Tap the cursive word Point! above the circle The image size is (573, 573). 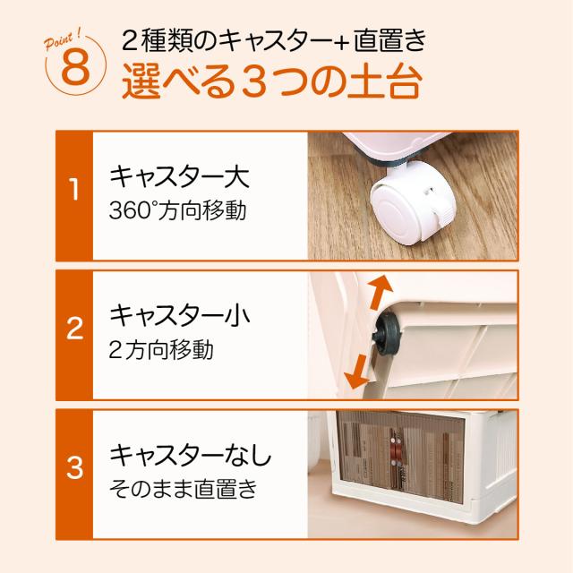[63, 41]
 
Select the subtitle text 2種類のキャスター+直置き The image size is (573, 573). [274, 40]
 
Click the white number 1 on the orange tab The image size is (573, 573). [74, 190]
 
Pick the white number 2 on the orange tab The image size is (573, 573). [74, 329]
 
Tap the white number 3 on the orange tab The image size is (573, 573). [74, 467]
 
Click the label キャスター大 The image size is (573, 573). [179, 177]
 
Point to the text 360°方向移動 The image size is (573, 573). [177, 210]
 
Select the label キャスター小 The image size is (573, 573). [180, 316]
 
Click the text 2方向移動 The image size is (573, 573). [161, 349]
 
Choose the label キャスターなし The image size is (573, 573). [191, 456]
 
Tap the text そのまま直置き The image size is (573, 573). [184, 489]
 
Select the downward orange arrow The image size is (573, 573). [358, 372]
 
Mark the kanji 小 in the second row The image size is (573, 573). [237, 316]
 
